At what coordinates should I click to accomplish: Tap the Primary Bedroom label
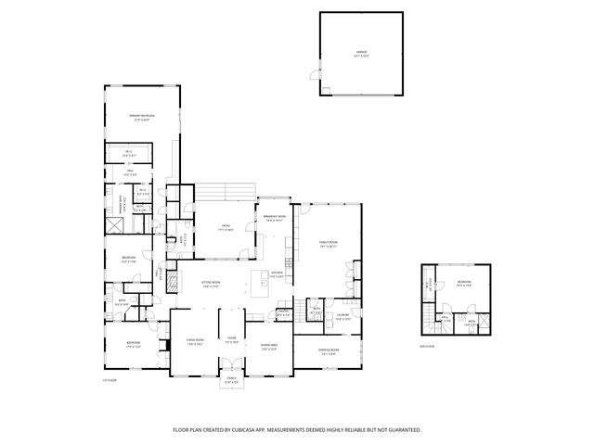pyautogui.click(x=142, y=117)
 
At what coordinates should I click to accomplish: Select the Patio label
pyautogui.click(x=226, y=226)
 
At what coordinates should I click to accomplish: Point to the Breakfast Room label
pyautogui.click(x=275, y=218)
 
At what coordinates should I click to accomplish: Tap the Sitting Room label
pyautogui.click(x=212, y=284)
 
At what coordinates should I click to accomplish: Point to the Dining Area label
pyautogui.click(x=268, y=347)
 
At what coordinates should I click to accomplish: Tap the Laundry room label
pyautogui.click(x=341, y=316)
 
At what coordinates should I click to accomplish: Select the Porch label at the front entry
pyautogui.click(x=232, y=381)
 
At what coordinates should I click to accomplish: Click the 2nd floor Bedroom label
pyautogui.click(x=463, y=283)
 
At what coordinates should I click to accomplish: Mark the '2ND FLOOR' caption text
pyautogui.click(x=428, y=346)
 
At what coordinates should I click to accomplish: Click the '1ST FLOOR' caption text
pyautogui.click(x=110, y=380)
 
